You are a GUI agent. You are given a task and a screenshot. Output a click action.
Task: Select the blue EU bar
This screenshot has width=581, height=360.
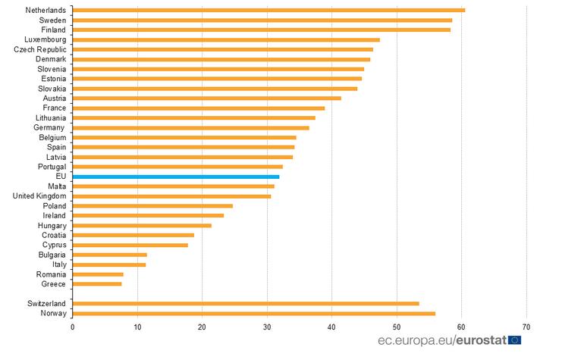click(x=176, y=177)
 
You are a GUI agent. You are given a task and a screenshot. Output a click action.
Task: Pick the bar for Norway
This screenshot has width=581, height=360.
click(x=254, y=314)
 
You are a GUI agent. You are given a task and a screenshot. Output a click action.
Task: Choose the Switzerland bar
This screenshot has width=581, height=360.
click(x=246, y=304)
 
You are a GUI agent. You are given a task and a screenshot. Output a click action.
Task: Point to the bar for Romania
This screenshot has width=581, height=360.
click(x=98, y=274)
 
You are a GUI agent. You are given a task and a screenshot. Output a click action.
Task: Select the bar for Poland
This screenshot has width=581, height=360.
click(x=152, y=206)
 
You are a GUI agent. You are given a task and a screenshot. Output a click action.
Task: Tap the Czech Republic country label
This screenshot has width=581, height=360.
click(x=40, y=49)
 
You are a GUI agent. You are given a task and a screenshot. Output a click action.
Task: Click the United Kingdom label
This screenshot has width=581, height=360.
click(x=40, y=196)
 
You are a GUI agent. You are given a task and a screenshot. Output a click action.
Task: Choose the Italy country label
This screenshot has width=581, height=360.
click(x=58, y=265)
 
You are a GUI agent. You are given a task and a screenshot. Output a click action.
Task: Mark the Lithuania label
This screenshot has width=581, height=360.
click(x=51, y=118)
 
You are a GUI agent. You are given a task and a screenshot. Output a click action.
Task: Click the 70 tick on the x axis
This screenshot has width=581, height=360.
click(x=526, y=327)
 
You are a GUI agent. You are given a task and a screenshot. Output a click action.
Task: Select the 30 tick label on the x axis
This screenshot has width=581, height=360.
click(x=267, y=327)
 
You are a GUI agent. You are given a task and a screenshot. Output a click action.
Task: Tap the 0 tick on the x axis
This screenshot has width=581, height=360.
click(x=73, y=327)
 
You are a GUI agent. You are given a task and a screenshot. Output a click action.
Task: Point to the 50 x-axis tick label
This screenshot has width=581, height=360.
click(x=397, y=327)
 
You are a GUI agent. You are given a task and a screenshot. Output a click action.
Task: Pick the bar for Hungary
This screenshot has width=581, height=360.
click(x=142, y=226)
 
